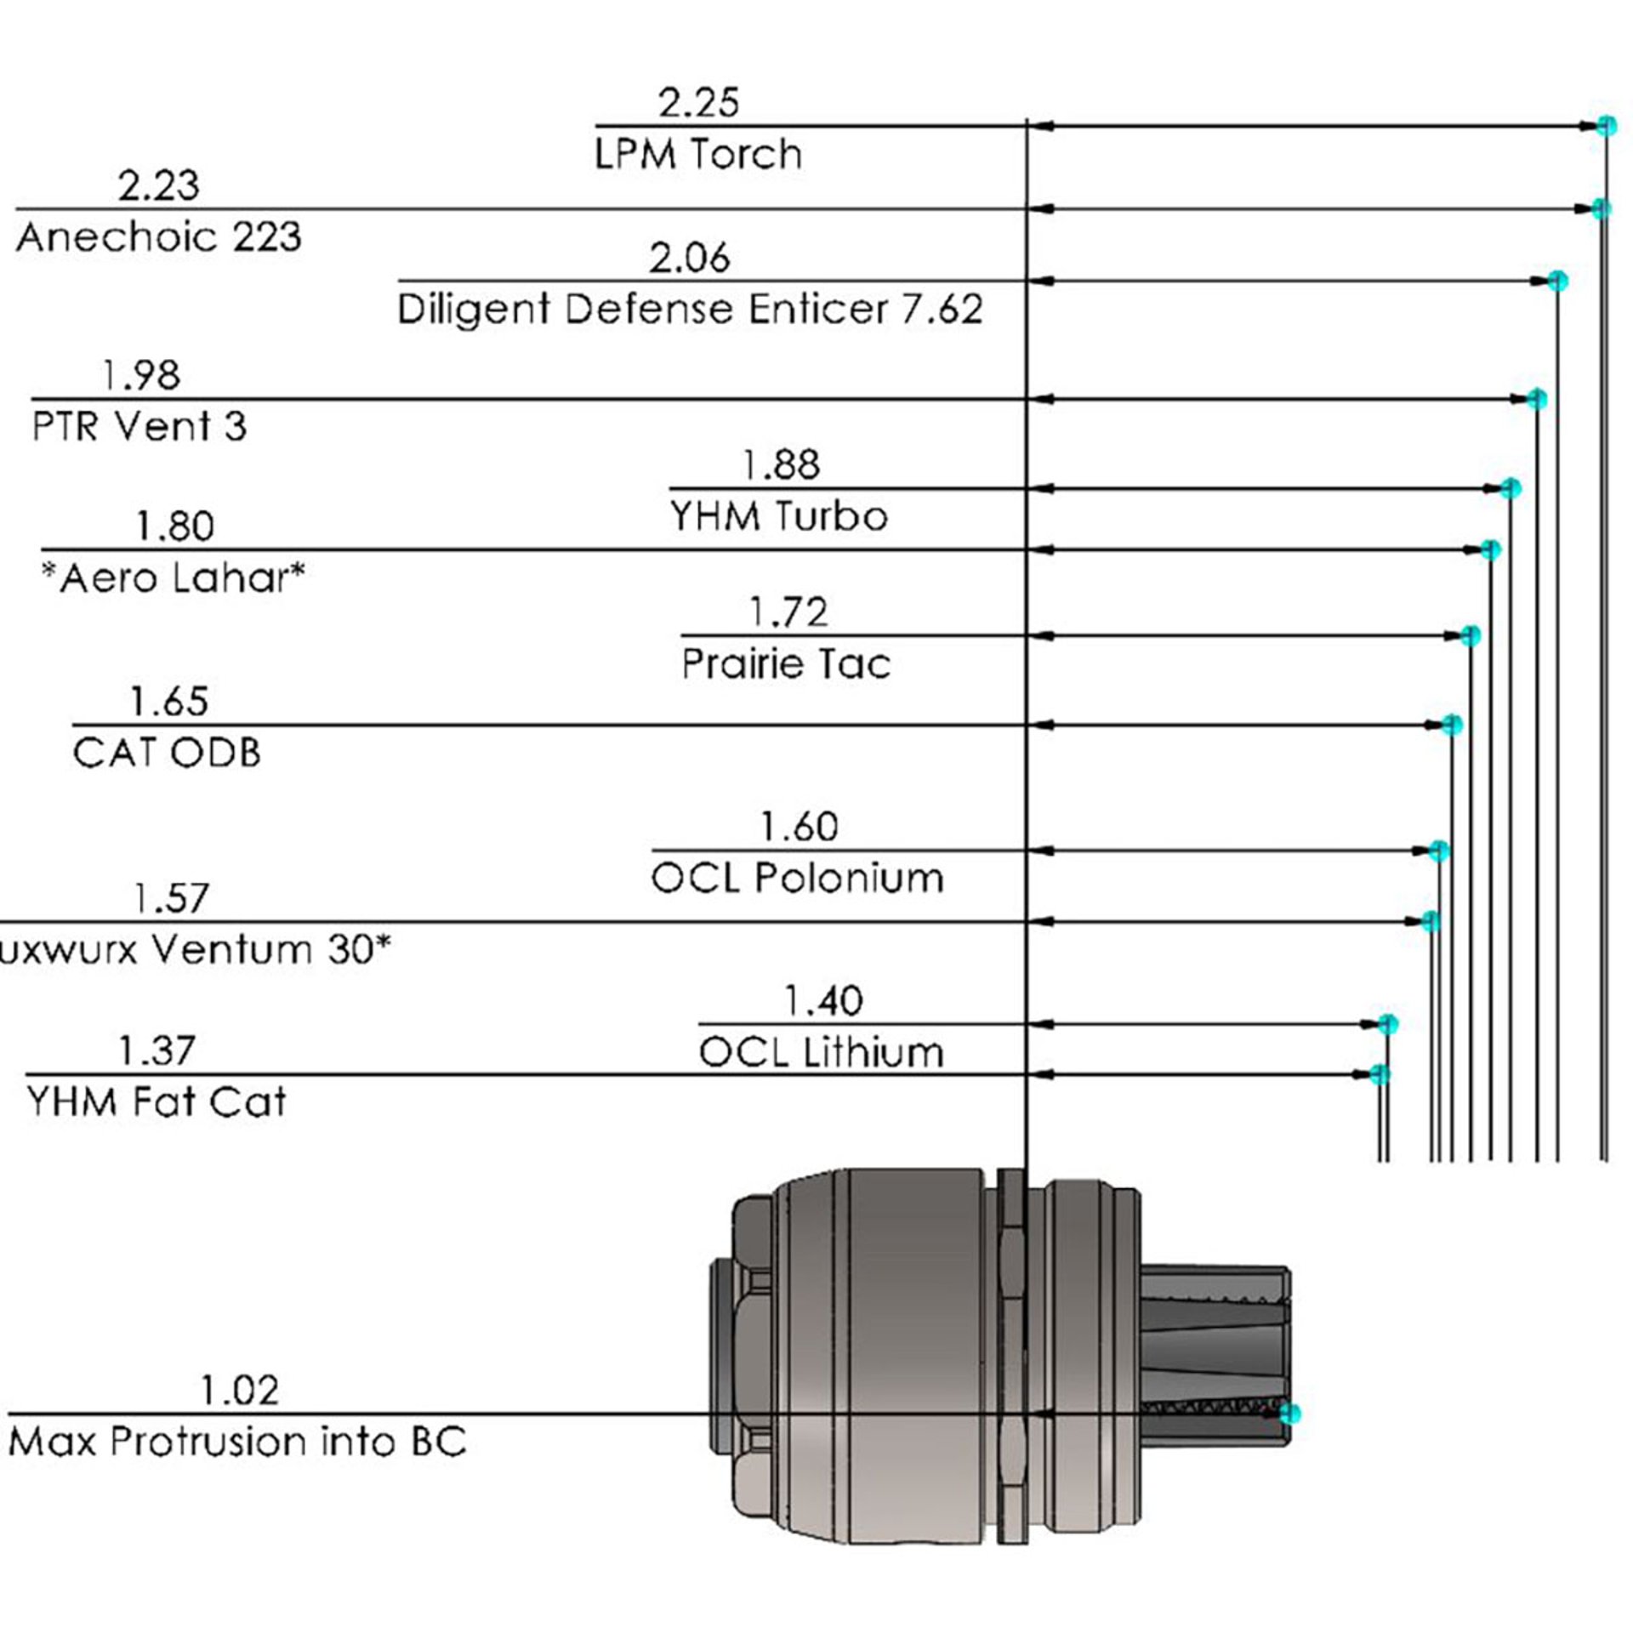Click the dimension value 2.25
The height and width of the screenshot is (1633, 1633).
coord(698,103)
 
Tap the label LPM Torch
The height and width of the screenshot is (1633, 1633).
coord(697,155)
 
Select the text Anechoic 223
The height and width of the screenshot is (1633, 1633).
coord(158,237)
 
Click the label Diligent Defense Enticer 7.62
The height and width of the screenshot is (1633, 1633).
coord(690,309)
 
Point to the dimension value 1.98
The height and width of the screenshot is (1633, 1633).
coord(140,375)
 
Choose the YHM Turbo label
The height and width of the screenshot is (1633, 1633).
coord(778,516)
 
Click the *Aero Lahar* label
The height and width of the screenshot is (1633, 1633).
coord(173,579)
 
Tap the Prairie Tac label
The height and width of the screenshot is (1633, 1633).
coord(785,664)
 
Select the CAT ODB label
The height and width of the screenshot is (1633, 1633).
coord(167,754)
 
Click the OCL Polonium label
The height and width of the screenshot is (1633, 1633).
coord(797,879)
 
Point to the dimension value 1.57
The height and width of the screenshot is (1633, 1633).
coord(171,899)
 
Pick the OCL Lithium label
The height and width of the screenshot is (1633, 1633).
coord(821,1053)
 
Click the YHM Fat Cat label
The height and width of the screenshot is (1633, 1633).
coord(156,1102)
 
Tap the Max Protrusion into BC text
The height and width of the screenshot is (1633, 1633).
coord(237,1442)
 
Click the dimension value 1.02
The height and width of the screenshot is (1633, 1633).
coord(239,1391)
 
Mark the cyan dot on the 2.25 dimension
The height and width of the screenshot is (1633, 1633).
coord(1606,126)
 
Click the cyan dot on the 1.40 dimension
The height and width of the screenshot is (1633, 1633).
coord(1387,1024)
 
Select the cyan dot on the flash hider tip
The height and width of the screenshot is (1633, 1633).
coord(1290,1414)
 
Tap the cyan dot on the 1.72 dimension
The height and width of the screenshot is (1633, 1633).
coord(1471,635)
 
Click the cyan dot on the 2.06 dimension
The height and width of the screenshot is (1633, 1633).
coord(1557,281)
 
